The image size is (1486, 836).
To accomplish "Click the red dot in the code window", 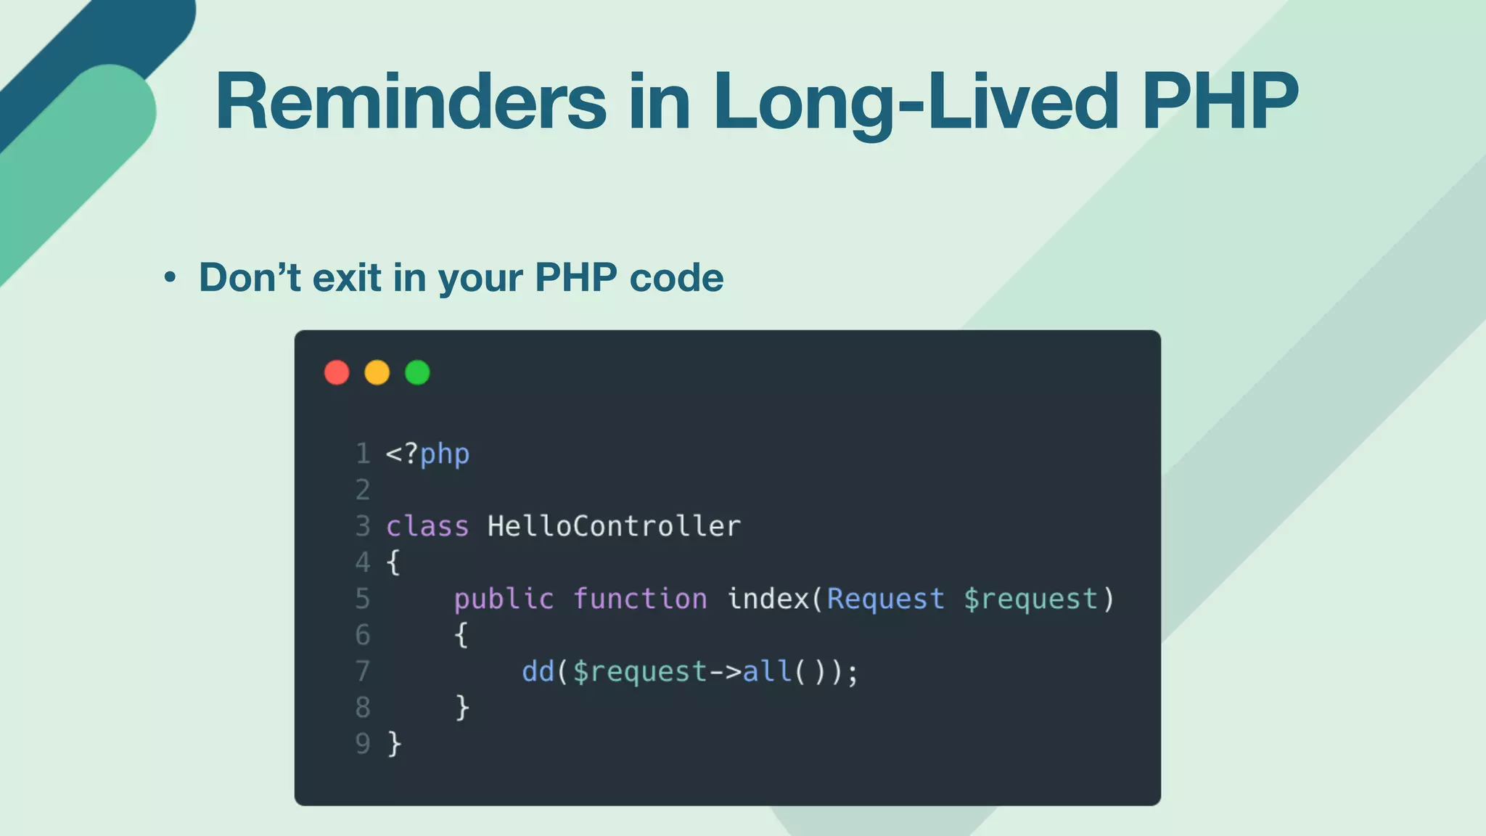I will (x=337, y=372).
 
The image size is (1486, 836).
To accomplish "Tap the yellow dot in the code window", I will (x=377, y=372).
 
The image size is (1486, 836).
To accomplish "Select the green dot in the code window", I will (x=417, y=372).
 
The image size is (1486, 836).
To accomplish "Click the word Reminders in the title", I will (x=411, y=102).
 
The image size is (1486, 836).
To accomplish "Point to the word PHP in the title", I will (x=1220, y=102).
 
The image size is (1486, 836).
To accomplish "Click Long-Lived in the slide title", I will (x=916, y=102).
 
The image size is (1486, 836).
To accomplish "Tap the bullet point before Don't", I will (x=170, y=277).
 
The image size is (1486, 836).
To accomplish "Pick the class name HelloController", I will (x=614, y=526).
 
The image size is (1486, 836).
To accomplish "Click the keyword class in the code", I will (x=427, y=526).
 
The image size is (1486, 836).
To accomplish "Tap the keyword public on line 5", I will (x=504, y=599).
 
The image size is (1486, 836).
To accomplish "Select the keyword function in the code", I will (x=640, y=599).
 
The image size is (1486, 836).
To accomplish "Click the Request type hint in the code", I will (x=885, y=599).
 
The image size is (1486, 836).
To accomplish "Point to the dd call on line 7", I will (x=538, y=671).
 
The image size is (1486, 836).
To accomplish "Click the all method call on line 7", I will (x=767, y=671).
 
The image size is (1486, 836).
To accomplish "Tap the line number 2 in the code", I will (x=363, y=490).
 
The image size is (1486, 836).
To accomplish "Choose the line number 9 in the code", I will (x=363, y=744).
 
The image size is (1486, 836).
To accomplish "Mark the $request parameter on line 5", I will (x=1030, y=599).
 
